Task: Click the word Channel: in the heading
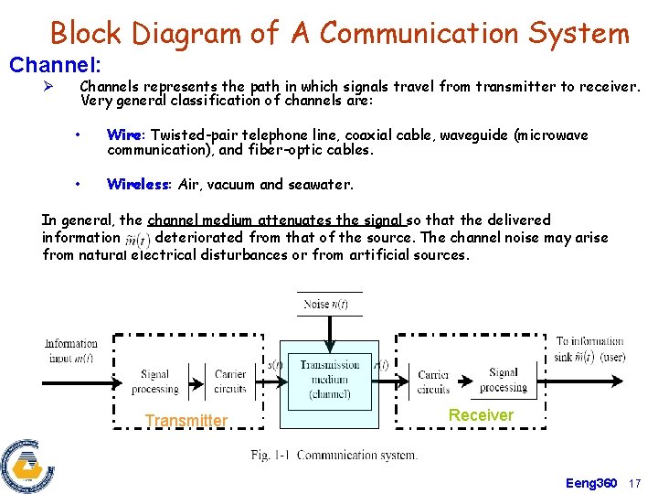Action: point(54,66)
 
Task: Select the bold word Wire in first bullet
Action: point(123,135)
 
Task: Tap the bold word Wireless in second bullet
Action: point(138,184)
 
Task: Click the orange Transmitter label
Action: point(186,421)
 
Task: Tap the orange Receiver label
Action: point(481,415)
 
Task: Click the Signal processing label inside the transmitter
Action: point(154,381)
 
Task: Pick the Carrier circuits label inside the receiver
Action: point(433,381)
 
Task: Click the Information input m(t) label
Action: point(71,350)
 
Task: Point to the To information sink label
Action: point(589,349)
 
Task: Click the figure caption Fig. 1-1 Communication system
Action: point(334,455)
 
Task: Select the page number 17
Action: point(636,482)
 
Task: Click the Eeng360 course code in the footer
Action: point(591,482)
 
